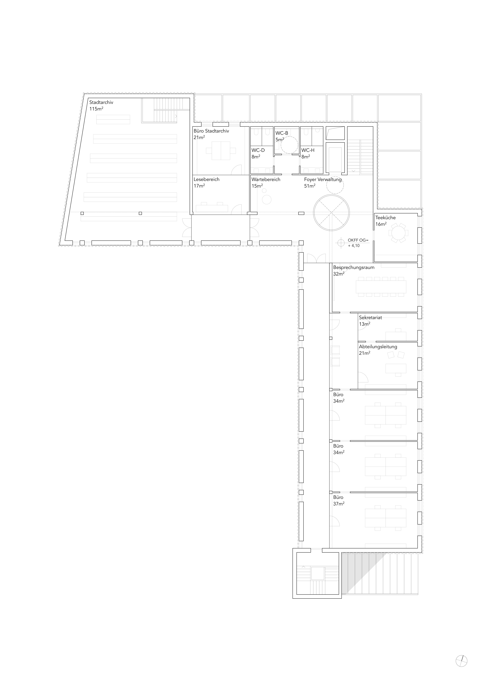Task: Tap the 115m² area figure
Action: point(96,109)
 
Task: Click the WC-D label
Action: point(258,150)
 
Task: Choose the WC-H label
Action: point(308,150)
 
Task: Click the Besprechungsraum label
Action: point(354,267)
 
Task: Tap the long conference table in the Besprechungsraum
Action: point(381,287)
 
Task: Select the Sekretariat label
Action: point(370,318)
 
